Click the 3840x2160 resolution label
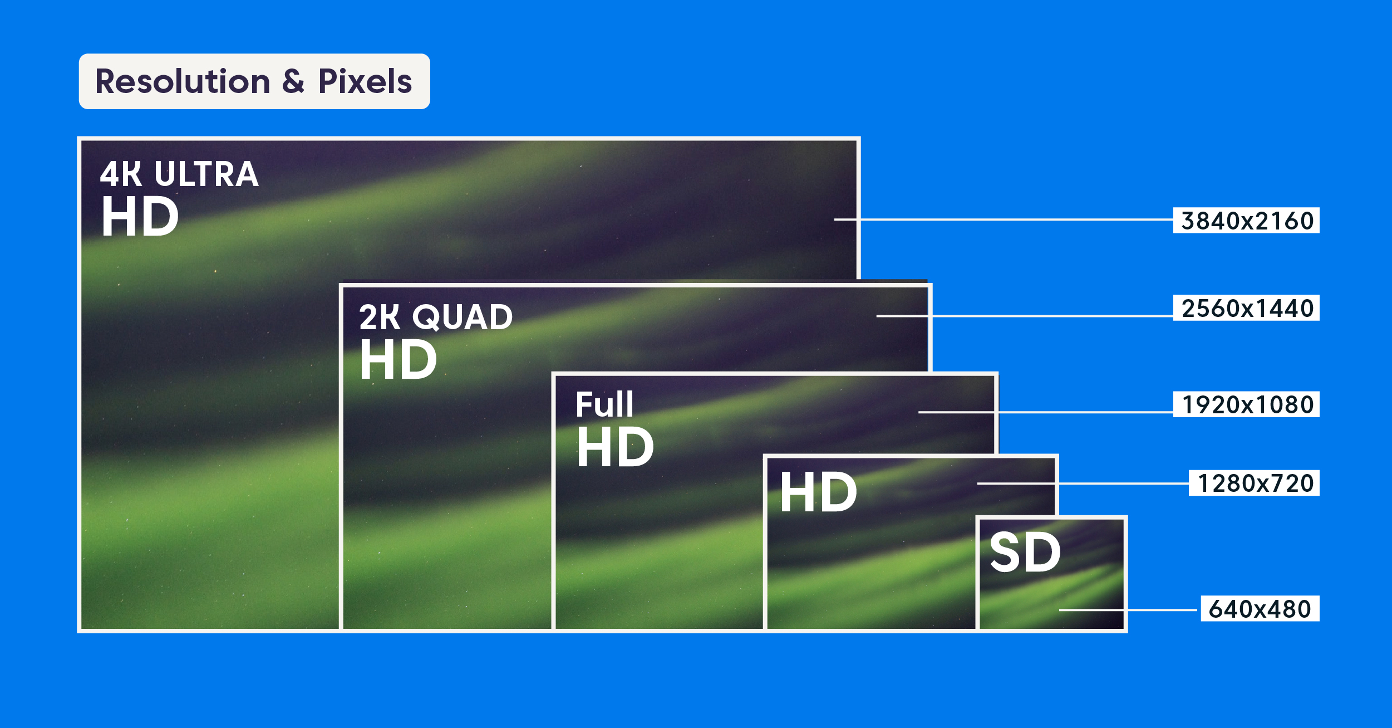pyautogui.click(x=1247, y=221)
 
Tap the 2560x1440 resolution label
pyautogui.click(x=1247, y=308)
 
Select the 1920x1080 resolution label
pyautogui.click(x=1247, y=404)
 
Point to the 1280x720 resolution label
pyautogui.click(x=1255, y=483)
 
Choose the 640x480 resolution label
pyautogui.click(x=1260, y=609)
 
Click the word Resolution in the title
pyautogui.click(x=183, y=81)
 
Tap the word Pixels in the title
pyautogui.click(x=365, y=81)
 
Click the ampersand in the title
pyautogui.click(x=294, y=82)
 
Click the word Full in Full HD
pyautogui.click(x=604, y=404)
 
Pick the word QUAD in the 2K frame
pyautogui.click(x=462, y=317)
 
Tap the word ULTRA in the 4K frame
pyautogui.click(x=207, y=174)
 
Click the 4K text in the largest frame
pyautogui.click(x=121, y=174)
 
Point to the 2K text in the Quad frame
pyautogui.click(x=380, y=317)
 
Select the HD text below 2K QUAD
pyautogui.click(x=399, y=359)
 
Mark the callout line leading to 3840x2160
pyautogui.click(x=1004, y=219)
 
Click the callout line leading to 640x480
pyautogui.click(x=1128, y=610)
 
